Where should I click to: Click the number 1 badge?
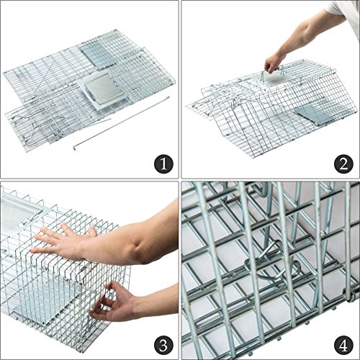[163, 164]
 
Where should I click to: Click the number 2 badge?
[343, 164]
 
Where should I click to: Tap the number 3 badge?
[163, 346]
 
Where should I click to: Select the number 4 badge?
[343, 346]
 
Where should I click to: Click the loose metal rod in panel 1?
[121, 123]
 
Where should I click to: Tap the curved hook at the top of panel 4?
[261, 189]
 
